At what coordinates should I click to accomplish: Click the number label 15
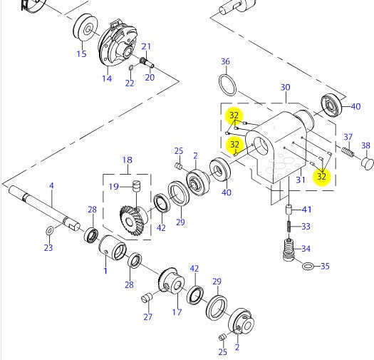point(81,54)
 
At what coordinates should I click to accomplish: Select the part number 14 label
point(106,78)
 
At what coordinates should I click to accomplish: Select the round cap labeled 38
point(368,163)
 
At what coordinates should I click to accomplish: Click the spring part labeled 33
point(289,227)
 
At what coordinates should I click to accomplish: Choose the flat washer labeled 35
point(308,267)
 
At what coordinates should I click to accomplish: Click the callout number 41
point(306,209)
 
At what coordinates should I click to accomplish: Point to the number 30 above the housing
point(285,87)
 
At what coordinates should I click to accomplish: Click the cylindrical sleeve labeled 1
point(112,248)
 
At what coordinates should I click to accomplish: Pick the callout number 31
point(300,180)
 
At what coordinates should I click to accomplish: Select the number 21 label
point(146,47)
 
